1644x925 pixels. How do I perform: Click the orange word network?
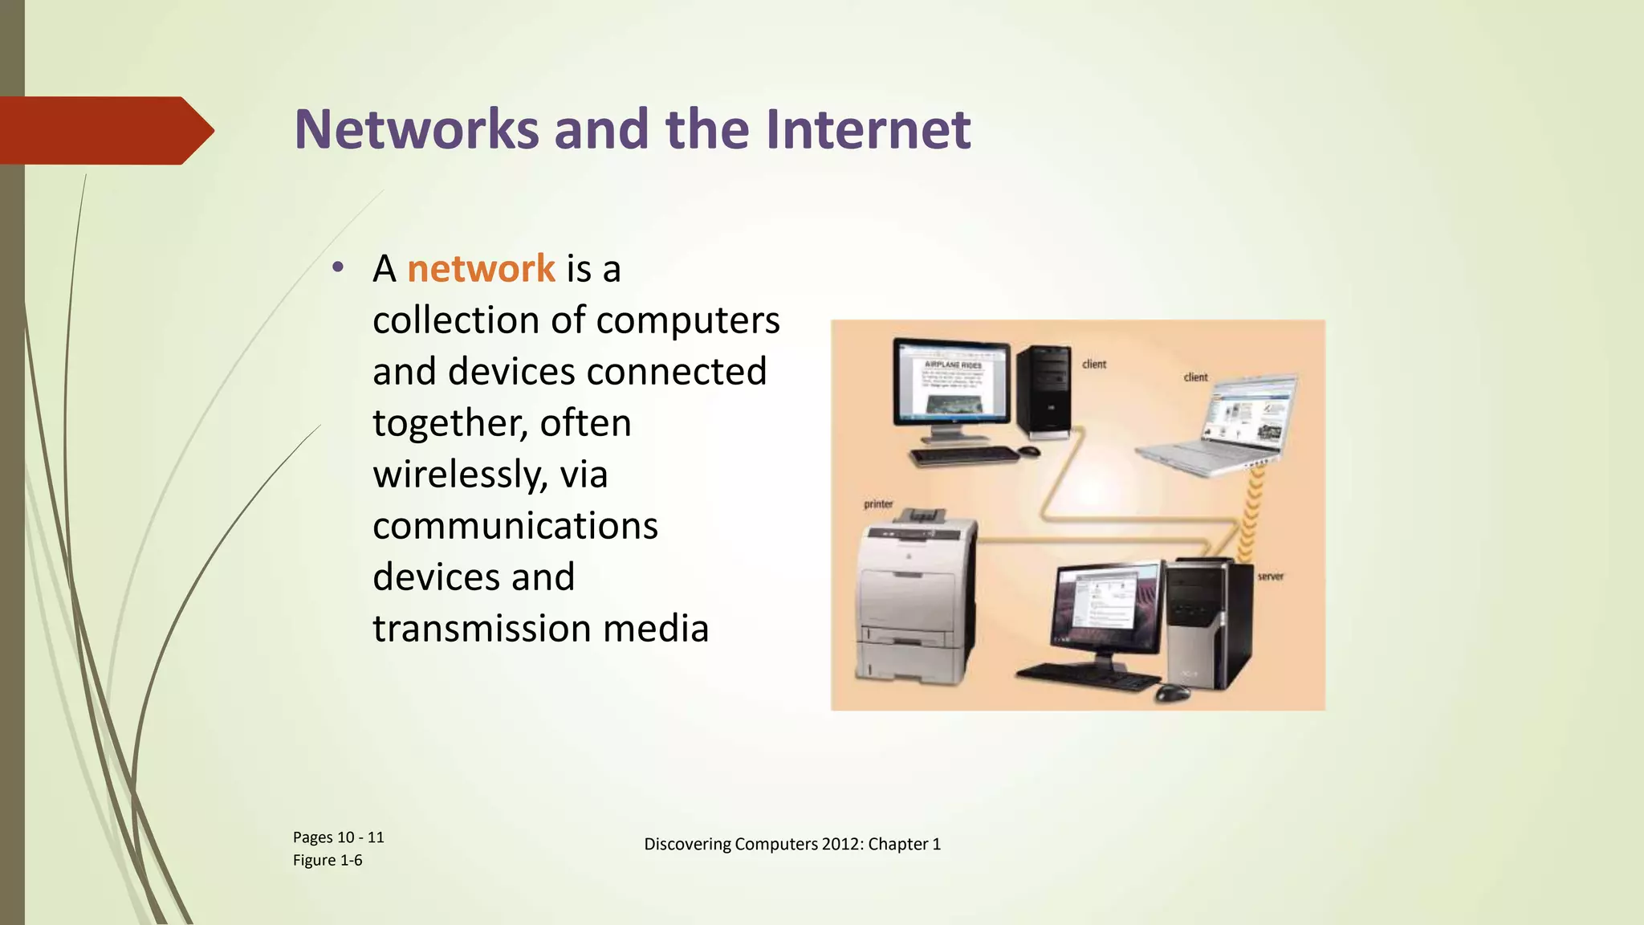(x=481, y=268)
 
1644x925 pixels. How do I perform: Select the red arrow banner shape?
(x=104, y=130)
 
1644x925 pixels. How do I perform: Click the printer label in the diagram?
(x=878, y=504)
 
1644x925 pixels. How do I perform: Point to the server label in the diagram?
(x=1270, y=577)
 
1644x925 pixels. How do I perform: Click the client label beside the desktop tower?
(x=1093, y=364)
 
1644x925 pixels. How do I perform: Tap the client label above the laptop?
(x=1195, y=377)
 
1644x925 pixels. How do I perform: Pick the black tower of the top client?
(x=1044, y=392)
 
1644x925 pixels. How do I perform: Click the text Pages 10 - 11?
(x=338, y=837)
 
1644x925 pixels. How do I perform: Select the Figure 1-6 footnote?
(x=328, y=861)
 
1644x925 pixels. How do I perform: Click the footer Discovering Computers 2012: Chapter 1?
(x=791, y=844)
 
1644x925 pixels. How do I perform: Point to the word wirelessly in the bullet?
(x=459, y=474)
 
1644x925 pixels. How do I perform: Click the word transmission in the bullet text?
(x=482, y=628)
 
